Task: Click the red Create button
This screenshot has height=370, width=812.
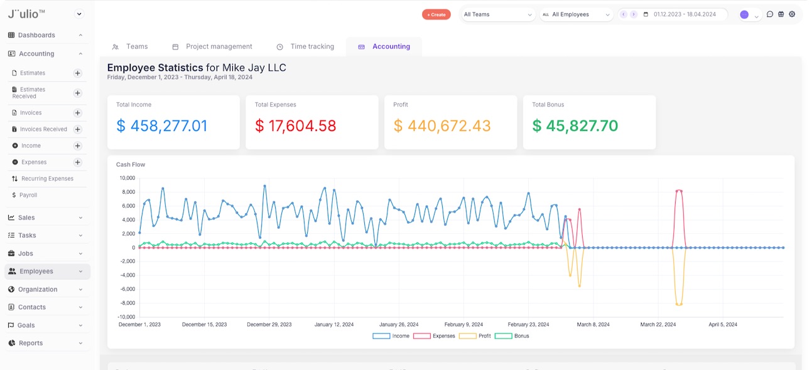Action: coord(436,14)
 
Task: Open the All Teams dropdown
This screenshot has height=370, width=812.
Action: coord(498,14)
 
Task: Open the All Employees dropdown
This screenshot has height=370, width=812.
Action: coord(576,14)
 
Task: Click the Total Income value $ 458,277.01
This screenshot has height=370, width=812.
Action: coord(162,126)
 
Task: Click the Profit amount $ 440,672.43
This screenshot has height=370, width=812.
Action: coord(442,126)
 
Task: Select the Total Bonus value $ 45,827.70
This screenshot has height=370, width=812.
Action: coord(575,126)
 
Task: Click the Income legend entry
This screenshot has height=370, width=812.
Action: coord(391,336)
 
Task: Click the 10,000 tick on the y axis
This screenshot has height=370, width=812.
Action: coord(127,177)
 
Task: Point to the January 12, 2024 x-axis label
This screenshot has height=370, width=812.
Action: coord(334,325)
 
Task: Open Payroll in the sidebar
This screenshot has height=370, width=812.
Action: coord(28,195)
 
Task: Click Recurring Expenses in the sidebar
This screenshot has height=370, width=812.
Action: coord(47,179)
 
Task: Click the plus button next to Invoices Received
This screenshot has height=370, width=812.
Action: coord(78,129)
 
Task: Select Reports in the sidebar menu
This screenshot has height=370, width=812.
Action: coord(31,343)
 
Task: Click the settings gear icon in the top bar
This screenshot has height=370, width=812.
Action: coord(792,14)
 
